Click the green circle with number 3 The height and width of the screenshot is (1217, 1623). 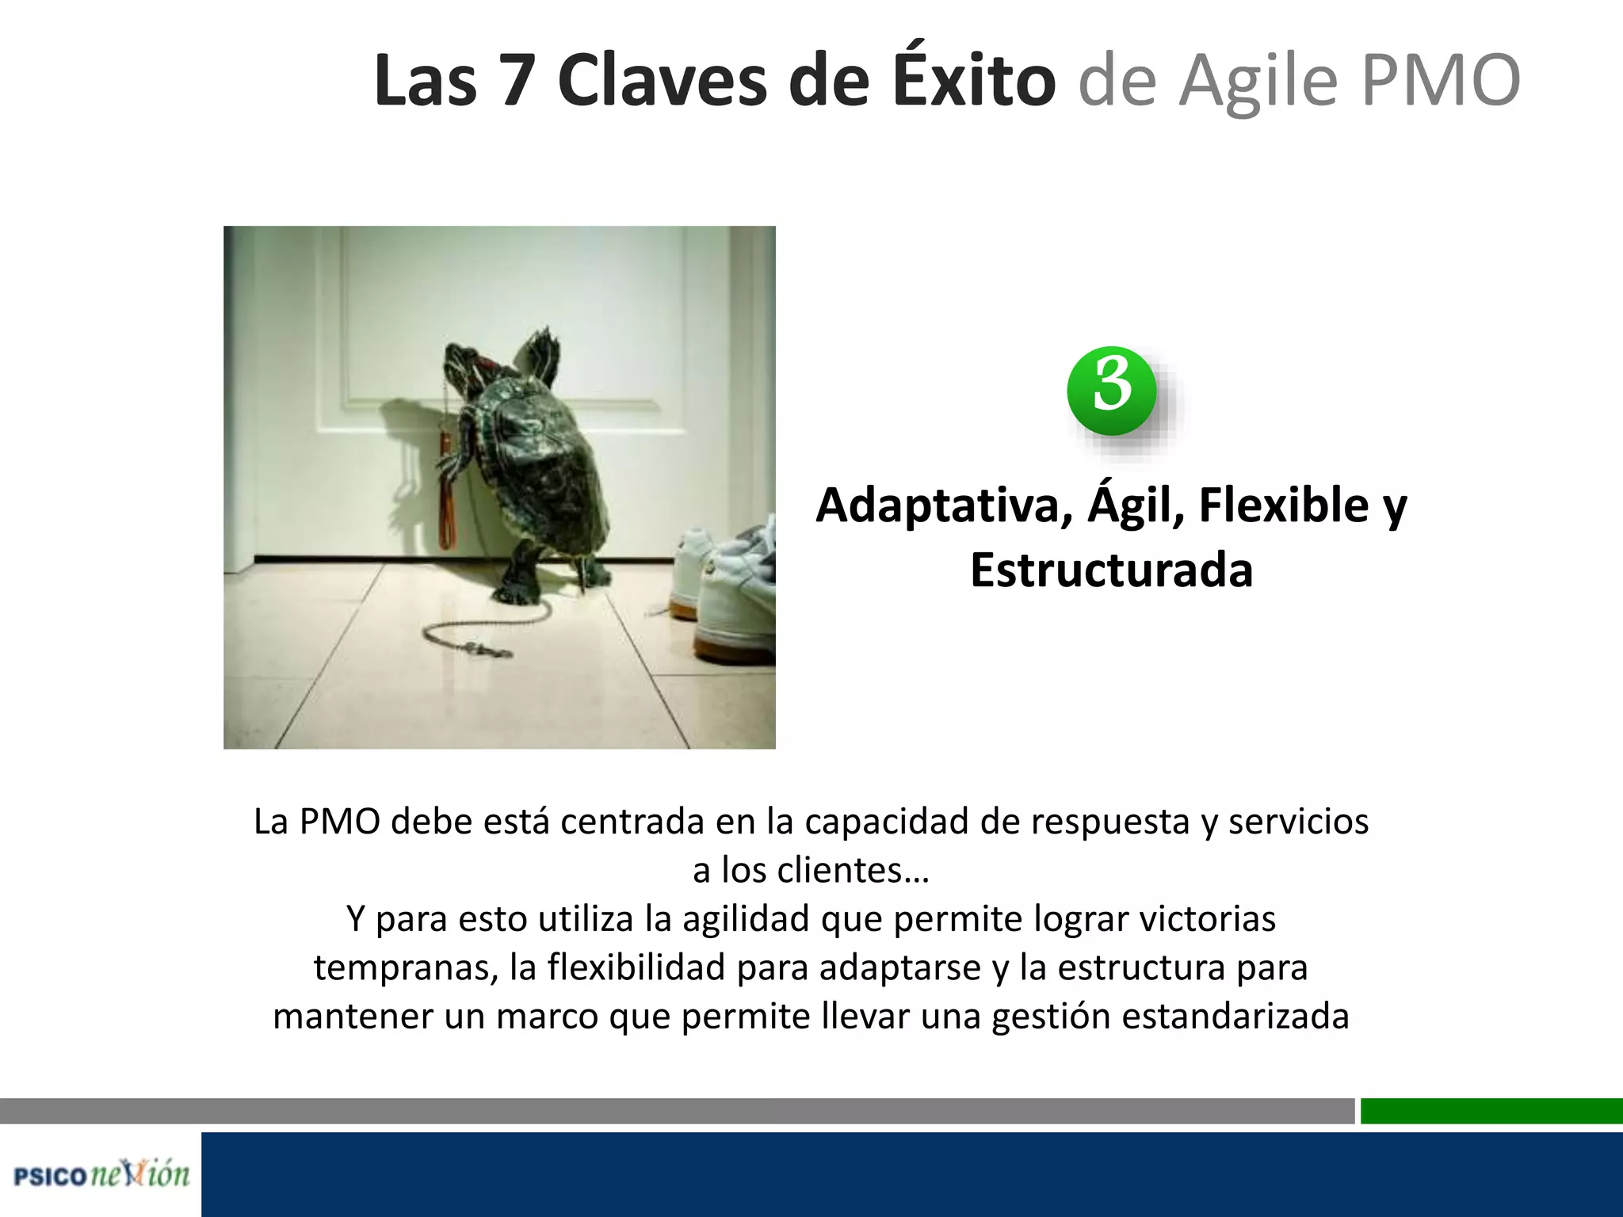click(1111, 390)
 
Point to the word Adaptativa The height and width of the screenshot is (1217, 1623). click(944, 505)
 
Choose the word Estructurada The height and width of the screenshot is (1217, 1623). click(1111, 570)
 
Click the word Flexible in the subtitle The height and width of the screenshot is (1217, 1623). click(1283, 505)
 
